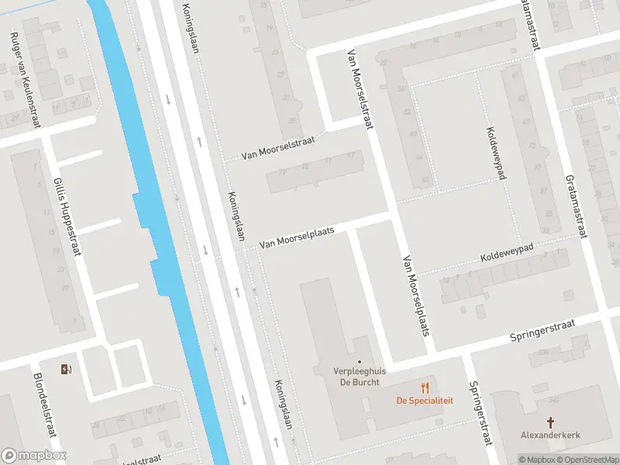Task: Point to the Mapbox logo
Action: point(34,456)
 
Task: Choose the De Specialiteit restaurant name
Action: point(425,401)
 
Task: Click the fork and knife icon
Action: point(425,387)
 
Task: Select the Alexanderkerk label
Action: point(550,436)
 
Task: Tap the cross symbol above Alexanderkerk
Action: point(550,422)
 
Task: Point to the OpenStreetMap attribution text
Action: point(591,460)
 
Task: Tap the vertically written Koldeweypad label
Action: point(495,153)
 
